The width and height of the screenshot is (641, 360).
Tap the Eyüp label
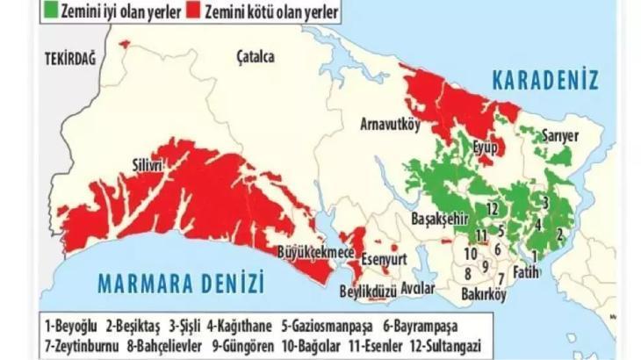486,147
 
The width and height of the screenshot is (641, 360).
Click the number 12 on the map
493,208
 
